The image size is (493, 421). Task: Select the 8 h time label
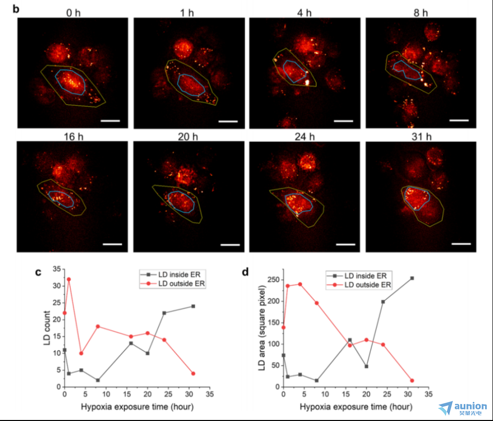(x=420, y=12)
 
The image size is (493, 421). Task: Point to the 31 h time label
(x=420, y=137)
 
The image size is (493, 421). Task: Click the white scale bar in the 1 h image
(x=229, y=121)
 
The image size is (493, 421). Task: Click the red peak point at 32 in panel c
(x=69, y=279)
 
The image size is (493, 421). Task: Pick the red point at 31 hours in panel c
(x=193, y=373)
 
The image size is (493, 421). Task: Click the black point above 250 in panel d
(x=412, y=278)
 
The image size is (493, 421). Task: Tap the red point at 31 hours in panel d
(x=412, y=381)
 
